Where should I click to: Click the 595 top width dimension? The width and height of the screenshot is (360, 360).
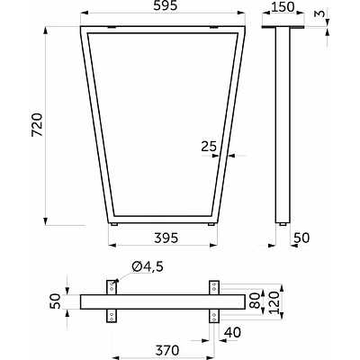click(x=166, y=5)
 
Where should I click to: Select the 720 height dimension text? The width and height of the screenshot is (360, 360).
click(x=38, y=125)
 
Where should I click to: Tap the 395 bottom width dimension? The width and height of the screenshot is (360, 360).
click(x=166, y=238)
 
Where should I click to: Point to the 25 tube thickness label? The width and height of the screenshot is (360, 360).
click(x=209, y=147)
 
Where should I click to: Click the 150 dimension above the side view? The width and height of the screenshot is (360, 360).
click(x=283, y=7)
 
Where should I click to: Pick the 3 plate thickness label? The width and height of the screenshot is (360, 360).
click(x=320, y=13)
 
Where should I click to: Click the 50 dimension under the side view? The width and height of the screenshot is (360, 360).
click(x=301, y=238)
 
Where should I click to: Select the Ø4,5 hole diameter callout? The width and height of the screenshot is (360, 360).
click(x=148, y=266)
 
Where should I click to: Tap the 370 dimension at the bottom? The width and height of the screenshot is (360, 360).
click(x=167, y=350)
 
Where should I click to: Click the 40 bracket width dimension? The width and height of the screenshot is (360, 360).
click(x=232, y=332)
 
